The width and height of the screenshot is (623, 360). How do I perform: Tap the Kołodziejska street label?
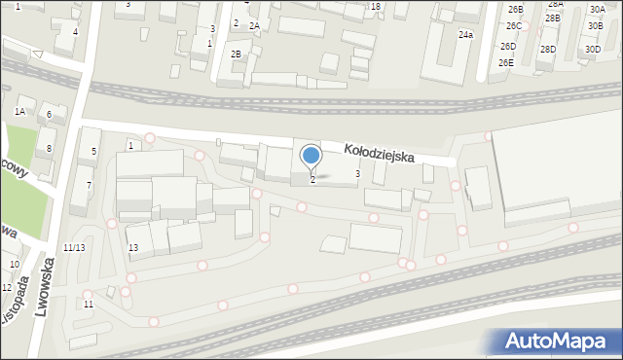[x=380, y=153]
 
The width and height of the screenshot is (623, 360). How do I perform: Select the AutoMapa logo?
[x=555, y=342]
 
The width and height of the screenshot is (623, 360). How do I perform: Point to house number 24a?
[x=466, y=35]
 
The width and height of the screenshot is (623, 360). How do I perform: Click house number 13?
[x=133, y=248]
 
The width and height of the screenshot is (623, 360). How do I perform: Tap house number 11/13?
[x=73, y=248]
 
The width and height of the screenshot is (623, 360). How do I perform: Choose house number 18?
[x=376, y=7]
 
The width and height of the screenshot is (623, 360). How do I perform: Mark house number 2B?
[x=237, y=54]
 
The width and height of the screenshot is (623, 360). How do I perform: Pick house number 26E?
[x=506, y=63]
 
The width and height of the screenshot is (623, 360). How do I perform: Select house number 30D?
[x=593, y=49]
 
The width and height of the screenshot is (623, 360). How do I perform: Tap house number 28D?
[x=548, y=49]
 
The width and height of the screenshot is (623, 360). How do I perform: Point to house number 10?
[x=15, y=265]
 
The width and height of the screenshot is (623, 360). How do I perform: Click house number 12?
[x=7, y=288]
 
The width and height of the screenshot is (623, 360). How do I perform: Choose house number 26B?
[x=514, y=10]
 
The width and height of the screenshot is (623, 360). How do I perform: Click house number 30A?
[x=596, y=10]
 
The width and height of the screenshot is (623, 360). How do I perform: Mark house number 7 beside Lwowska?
[x=89, y=185]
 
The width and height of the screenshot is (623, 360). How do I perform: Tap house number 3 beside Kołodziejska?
[x=357, y=174]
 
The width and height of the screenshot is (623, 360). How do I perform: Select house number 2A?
[x=255, y=26]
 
